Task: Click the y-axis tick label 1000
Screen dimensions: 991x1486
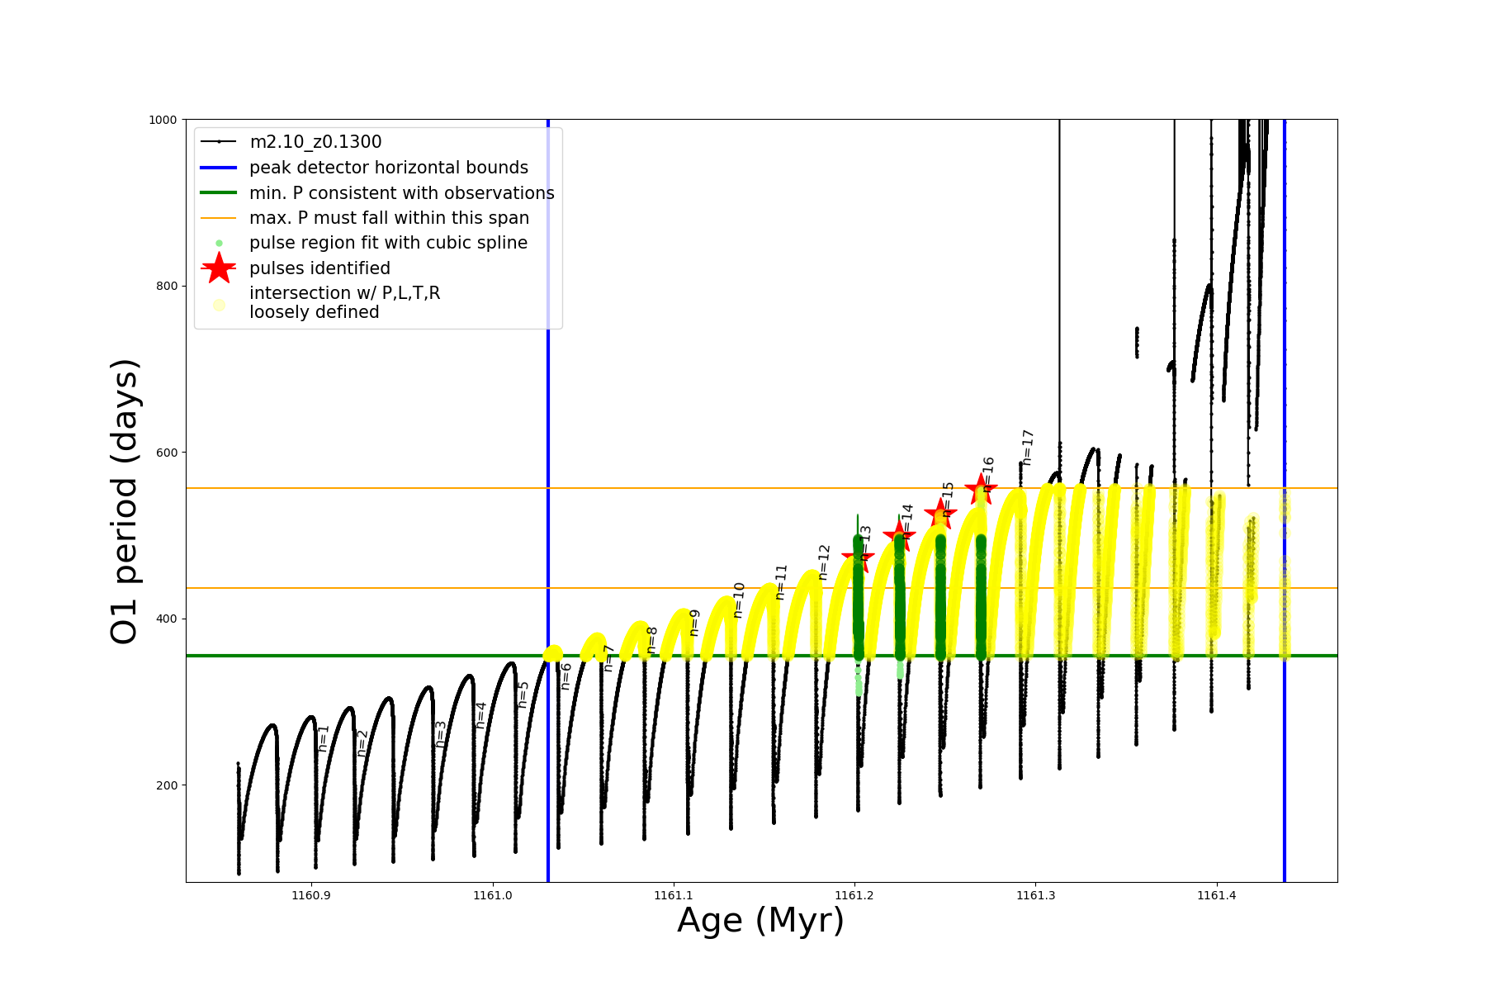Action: [x=163, y=120]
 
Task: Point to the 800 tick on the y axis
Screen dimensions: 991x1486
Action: [x=167, y=286]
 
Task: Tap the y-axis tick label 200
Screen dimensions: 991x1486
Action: [x=167, y=785]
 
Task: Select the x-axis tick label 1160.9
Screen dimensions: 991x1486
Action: [x=311, y=896]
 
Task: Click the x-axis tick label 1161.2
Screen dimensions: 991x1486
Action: [x=854, y=896]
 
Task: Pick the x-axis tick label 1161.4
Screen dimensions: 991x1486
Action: [x=1216, y=896]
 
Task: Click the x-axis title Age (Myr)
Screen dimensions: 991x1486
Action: [x=760, y=921]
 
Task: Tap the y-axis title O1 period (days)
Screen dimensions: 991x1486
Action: [x=125, y=501]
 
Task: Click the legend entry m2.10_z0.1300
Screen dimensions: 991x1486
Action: [x=315, y=142]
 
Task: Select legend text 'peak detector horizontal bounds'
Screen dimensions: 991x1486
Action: [x=388, y=168]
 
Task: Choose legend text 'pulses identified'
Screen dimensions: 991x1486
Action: [x=319, y=268]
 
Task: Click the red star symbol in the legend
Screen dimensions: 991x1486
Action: [x=219, y=268]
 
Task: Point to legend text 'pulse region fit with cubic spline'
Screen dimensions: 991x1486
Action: [x=388, y=243]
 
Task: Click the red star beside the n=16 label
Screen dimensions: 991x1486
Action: [x=981, y=489]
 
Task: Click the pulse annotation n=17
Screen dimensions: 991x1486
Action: [x=1028, y=448]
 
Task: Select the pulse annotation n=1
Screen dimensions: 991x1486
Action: [x=324, y=737]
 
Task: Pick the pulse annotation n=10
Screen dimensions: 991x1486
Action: [x=739, y=600]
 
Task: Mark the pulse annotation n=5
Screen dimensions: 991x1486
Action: [x=523, y=695]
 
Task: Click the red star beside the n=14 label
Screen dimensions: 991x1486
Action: [x=899, y=534]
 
